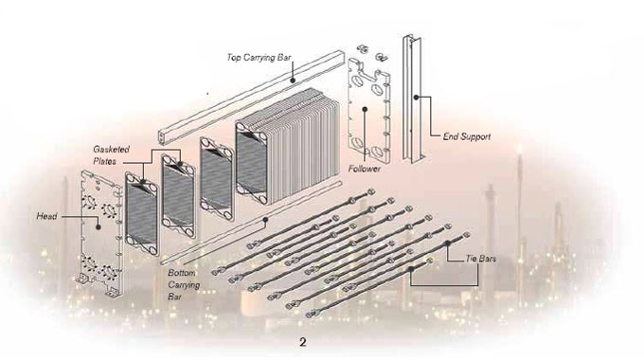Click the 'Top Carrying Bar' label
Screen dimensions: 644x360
pos(259,58)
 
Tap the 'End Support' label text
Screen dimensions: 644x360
pos(467,136)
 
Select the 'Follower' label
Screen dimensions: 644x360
pos(365,169)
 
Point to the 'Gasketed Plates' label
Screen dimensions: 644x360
pos(112,155)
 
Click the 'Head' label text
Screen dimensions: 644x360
pos(46,216)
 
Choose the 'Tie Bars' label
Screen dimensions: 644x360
pos(480,259)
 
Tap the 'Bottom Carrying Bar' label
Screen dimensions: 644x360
pos(184,284)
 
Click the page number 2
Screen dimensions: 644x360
pos(303,342)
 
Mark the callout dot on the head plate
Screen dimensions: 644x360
pos(98,226)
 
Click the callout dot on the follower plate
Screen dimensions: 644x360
pos(365,109)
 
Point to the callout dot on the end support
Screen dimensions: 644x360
pos(416,98)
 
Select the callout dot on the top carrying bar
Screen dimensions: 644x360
pos(293,81)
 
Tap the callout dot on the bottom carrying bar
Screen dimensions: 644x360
pos(265,220)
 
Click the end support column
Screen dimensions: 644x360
pos(411,99)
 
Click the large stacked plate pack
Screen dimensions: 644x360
pos(288,146)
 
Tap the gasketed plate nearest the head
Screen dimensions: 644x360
pos(142,214)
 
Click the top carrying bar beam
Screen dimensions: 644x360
pos(251,98)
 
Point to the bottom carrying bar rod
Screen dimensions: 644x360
pos(251,223)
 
